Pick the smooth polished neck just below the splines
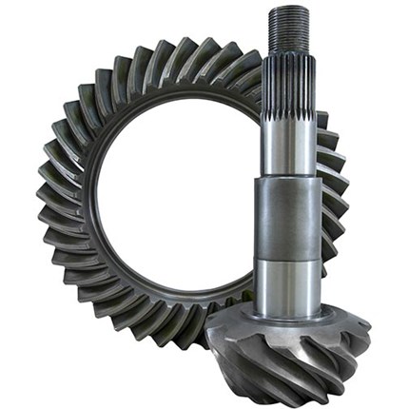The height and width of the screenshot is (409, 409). coord(289,157)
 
